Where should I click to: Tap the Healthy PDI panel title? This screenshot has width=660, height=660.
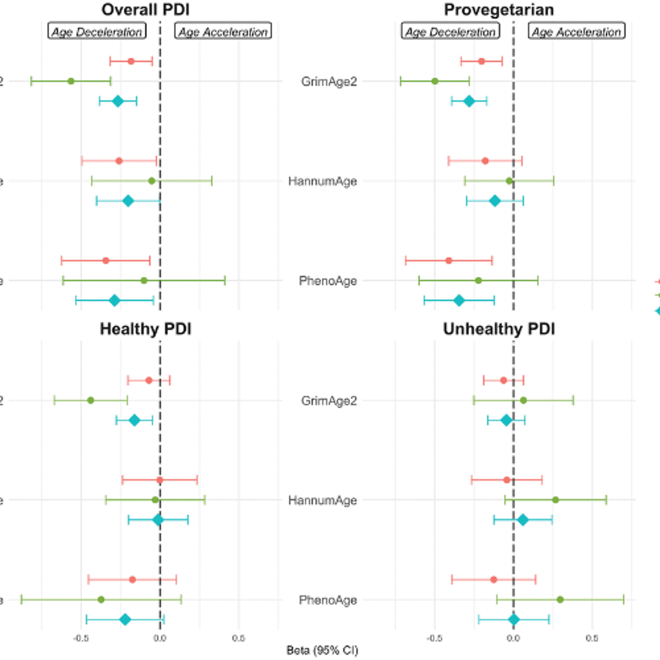click(145, 329)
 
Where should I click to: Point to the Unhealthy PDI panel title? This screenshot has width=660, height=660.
click(499, 329)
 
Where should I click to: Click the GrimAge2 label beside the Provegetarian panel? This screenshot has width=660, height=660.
click(329, 82)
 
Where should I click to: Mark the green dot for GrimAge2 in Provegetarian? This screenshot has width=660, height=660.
click(435, 81)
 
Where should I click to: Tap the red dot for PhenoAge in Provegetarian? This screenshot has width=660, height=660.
click(449, 261)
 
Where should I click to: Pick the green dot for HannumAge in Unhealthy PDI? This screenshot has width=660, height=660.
click(555, 500)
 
